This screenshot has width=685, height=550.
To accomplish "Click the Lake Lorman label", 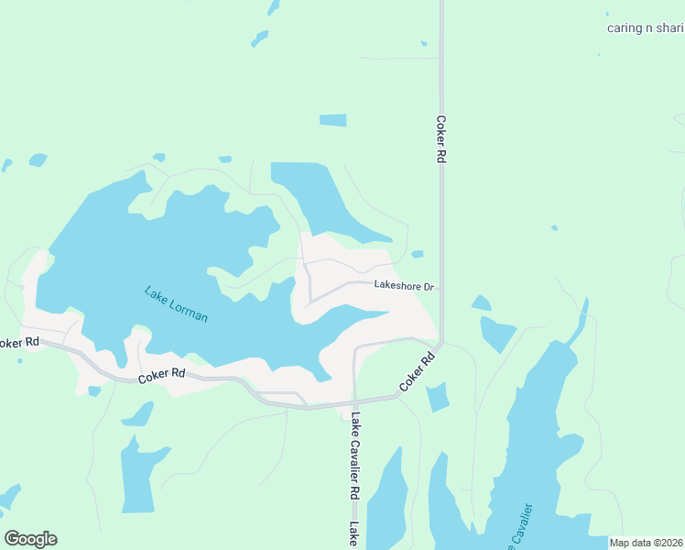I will coord(176,304).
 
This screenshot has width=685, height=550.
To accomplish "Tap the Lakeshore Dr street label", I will coord(403,286).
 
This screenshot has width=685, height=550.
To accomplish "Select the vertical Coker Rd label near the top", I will coord(440,139).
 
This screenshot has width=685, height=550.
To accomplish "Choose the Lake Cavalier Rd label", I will coord(353,456).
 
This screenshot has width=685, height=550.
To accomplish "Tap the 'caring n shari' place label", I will coord(645,27).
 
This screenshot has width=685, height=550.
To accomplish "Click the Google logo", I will coord(30,539).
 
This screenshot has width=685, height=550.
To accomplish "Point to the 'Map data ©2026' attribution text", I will coord(647,543).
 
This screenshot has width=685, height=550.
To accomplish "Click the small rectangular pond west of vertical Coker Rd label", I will coord(332,120).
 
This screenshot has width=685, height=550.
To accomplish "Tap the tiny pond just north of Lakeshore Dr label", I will coord(418,254).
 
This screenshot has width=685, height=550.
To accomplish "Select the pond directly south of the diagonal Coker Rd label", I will coord(438,397).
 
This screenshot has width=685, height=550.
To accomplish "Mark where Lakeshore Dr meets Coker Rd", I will coord(440,287).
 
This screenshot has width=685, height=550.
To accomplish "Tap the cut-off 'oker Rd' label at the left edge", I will coord(18,343).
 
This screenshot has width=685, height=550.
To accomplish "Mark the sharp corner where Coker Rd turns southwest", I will coord(440,345).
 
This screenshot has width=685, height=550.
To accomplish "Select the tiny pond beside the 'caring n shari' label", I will coord(608,14).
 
